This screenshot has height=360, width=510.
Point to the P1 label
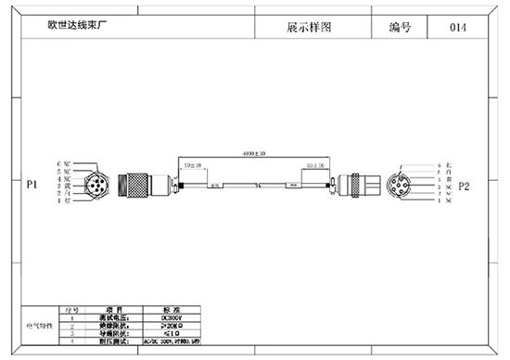[31, 186]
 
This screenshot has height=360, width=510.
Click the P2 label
[465, 186]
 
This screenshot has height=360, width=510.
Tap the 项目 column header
[117, 309]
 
